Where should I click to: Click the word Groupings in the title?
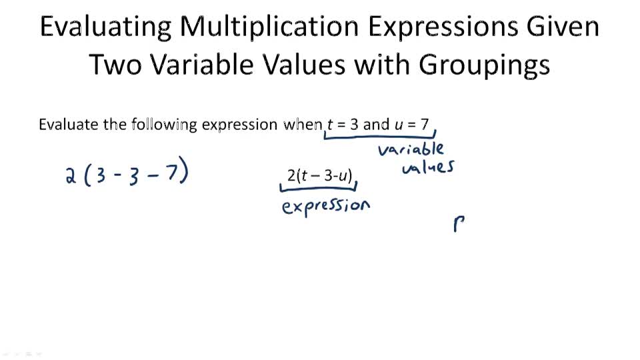(x=484, y=65)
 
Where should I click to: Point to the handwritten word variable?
(x=410, y=148)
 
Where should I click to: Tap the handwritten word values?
(x=427, y=167)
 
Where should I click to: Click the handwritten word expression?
(x=325, y=206)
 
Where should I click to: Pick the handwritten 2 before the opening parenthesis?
(x=71, y=176)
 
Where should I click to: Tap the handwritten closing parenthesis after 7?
(x=185, y=173)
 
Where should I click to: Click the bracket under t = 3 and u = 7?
(x=379, y=136)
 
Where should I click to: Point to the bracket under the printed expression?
(x=317, y=189)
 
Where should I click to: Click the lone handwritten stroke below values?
(x=458, y=224)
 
